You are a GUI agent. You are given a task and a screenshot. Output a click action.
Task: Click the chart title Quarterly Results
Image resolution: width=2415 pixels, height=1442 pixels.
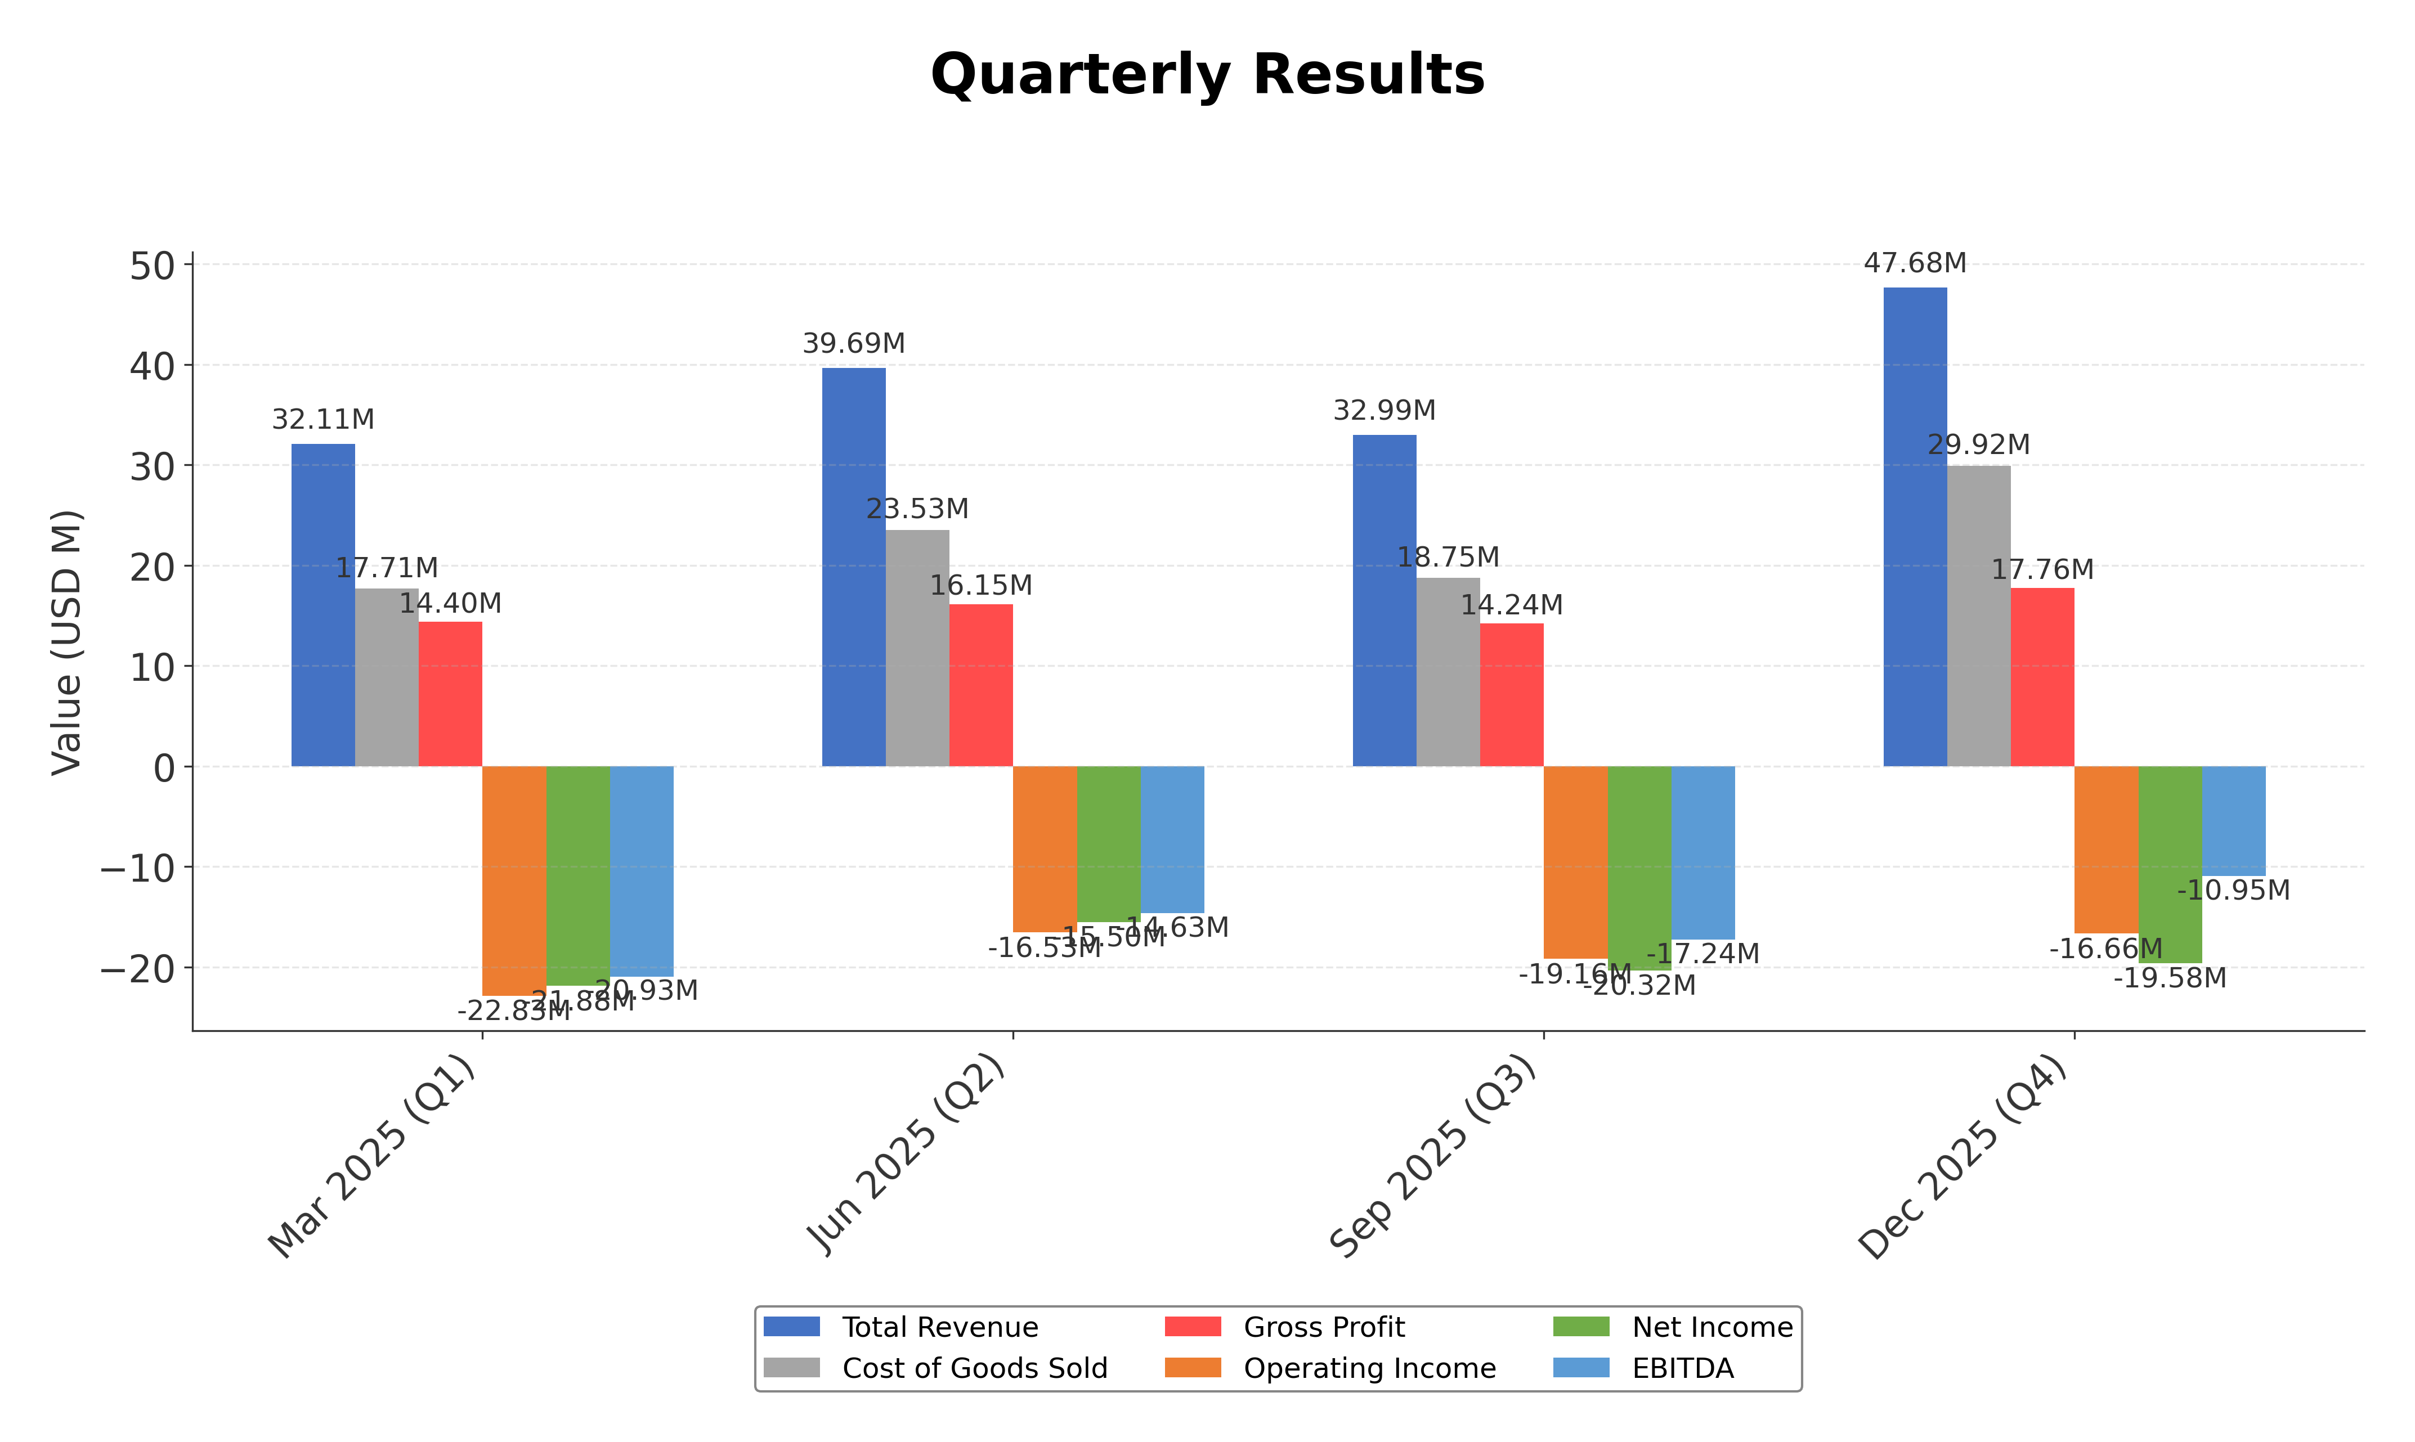tap(1207, 75)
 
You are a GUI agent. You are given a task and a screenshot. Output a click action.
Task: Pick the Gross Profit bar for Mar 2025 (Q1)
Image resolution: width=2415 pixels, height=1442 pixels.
tap(450, 694)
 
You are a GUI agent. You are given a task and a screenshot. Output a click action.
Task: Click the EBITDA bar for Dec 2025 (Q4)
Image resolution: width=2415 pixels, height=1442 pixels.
tap(2233, 820)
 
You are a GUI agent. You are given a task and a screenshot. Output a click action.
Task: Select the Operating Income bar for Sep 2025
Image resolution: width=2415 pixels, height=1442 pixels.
tap(1575, 862)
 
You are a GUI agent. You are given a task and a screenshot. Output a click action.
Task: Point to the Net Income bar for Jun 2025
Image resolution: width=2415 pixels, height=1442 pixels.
tap(1108, 843)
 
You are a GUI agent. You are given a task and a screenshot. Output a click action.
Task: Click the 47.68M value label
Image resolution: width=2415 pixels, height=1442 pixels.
tap(1915, 263)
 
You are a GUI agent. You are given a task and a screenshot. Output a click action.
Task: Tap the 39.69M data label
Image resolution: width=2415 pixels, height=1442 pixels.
tap(853, 344)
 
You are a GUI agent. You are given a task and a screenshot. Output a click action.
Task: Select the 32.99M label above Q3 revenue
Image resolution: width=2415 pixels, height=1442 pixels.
tap(1384, 411)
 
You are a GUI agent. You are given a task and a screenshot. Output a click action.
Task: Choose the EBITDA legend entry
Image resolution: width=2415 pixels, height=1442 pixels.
tap(1682, 1368)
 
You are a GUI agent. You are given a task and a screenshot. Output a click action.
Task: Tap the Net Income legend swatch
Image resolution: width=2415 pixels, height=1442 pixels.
tap(1581, 1327)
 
